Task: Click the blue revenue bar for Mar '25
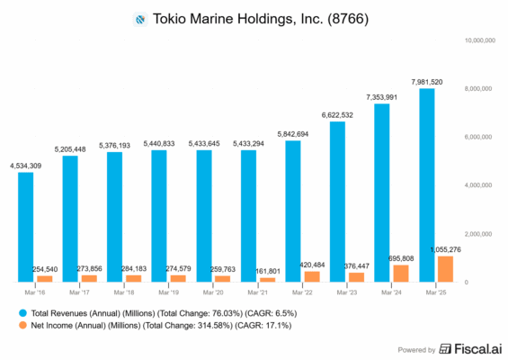426,184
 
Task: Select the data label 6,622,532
337,114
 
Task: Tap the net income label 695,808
400,257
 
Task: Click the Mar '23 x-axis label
347,293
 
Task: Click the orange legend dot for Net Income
22,326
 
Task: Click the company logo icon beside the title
139,18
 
